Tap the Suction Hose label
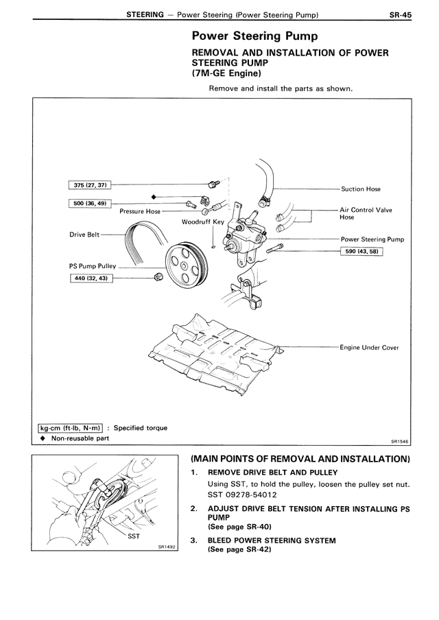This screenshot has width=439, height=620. [x=360, y=189]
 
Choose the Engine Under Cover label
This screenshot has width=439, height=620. [x=369, y=348]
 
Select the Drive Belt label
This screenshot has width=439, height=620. [x=84, y=234]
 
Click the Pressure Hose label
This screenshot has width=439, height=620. [x=140, y=212]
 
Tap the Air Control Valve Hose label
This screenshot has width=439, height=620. [x=366, y=214]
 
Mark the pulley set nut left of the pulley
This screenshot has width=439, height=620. [x=158, y=276]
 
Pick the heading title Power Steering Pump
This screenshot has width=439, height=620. [x=254, y=36]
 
